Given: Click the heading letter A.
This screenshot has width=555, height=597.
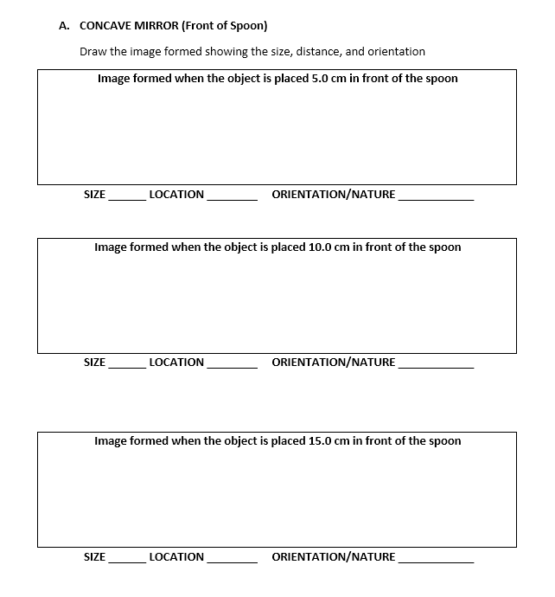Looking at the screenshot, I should (63, 26).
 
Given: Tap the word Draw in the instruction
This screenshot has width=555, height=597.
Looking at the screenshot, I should (93, 52).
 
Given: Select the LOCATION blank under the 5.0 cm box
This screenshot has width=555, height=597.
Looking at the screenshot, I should (232, 197).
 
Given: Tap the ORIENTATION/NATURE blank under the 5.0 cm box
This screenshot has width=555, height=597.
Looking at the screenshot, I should (436, 197).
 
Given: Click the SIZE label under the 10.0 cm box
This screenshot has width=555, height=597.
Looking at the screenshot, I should (94, 363).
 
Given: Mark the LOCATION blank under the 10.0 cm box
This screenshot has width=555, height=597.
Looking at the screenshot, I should (232, 365).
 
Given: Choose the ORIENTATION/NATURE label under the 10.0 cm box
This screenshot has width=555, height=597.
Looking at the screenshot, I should (334, 363).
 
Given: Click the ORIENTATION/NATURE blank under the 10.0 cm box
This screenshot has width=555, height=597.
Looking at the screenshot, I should (436, 365).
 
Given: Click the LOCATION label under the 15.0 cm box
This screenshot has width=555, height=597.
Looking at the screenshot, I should (176, 557).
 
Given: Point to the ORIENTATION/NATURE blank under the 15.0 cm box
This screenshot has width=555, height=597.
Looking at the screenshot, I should (436, 560).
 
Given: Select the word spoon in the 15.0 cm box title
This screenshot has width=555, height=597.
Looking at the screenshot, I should (445, 441).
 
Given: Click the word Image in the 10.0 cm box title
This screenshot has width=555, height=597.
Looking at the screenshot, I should (112, 247).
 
